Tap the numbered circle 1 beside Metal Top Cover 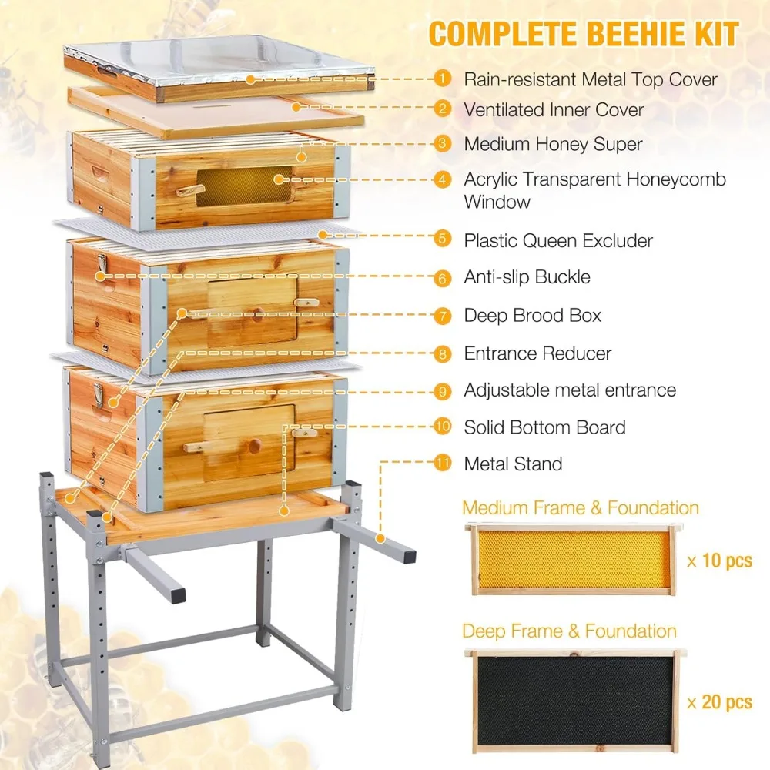442,79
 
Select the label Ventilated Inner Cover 554,110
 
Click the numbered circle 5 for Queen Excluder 442,239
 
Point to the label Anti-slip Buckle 527,276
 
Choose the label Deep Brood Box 532,315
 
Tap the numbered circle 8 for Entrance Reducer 442,353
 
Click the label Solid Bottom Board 544,427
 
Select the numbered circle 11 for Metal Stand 442,464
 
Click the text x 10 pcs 718,561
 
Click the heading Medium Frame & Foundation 581,507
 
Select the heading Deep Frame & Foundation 569,631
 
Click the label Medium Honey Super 553,144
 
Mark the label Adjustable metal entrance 570,390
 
